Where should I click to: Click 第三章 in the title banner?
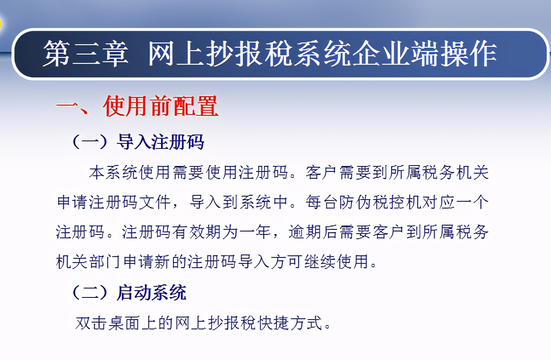[85, 55]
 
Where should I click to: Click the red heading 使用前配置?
[161, 106]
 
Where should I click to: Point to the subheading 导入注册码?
[160, 142]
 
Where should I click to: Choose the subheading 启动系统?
[151, 293]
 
